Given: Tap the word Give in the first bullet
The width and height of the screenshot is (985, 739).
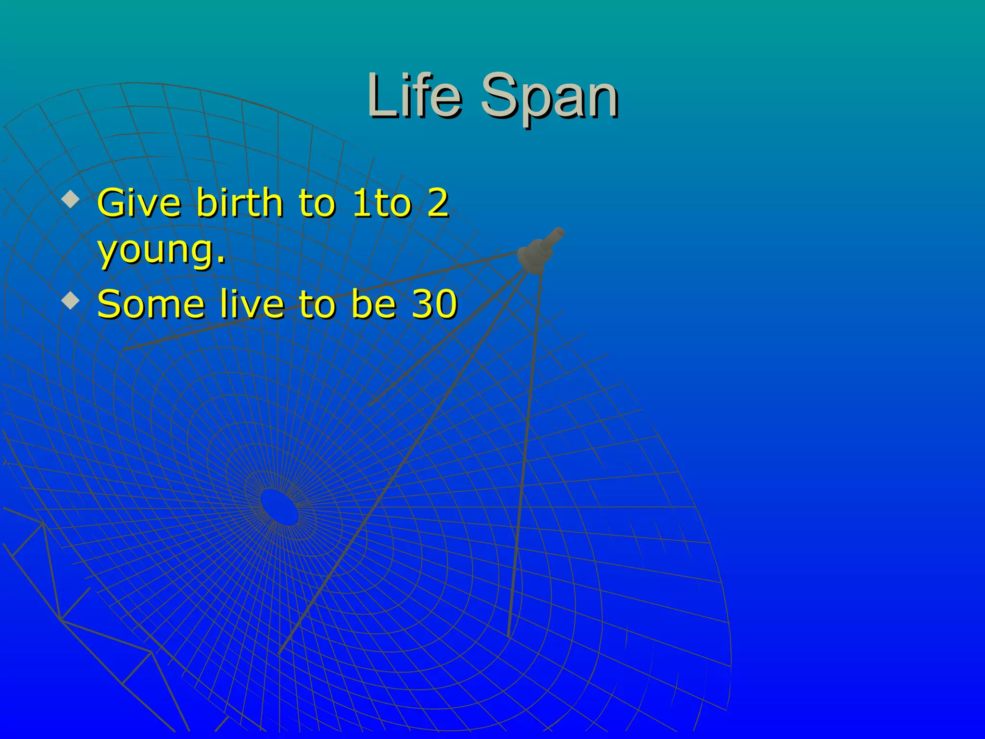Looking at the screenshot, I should point(139,203).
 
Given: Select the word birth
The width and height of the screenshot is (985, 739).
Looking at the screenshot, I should point(239,203).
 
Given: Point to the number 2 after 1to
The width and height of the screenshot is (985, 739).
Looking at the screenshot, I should point(437,203).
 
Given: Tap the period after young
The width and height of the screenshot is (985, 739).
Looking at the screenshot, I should point(221,260).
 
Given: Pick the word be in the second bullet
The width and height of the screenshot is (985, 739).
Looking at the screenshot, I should point(373,304).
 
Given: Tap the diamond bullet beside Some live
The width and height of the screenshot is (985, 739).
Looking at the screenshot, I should point(71,301).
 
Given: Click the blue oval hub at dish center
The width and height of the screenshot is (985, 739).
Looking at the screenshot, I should point(279,507).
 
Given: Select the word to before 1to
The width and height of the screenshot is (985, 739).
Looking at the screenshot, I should point(316,203).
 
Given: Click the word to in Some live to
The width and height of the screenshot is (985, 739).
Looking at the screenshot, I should point(316,304).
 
